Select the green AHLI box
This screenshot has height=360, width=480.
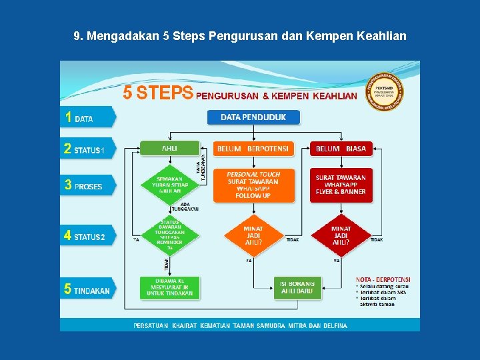click(170, 148)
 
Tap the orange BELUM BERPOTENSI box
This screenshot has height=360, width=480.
click(253, 149)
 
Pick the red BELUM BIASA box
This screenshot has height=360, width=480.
click(341, 149)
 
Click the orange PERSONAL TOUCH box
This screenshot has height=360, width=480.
click(253, 185)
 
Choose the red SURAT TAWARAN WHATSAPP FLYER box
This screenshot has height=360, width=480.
click(341, 185)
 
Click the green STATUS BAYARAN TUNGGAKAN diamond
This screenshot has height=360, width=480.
click(170, 235)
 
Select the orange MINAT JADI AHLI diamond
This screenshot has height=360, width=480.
click(253, 235)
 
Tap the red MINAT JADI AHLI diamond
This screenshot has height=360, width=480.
click(341, 235)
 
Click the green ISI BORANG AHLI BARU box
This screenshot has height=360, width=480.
click(297, 288)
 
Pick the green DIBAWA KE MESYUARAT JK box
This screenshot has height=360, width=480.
click(170, 287)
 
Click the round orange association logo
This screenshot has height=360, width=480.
click(385, 91)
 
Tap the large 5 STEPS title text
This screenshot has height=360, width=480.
click(158, 93)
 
